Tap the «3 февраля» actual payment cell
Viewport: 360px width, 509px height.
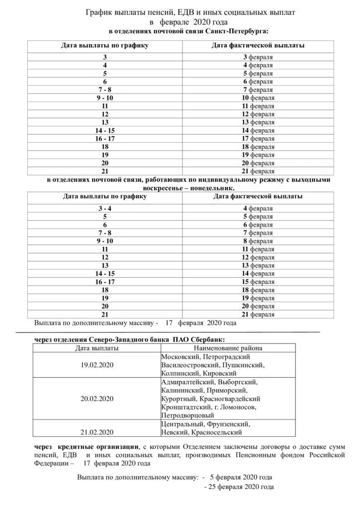pyautogui.click(x=258, y=57)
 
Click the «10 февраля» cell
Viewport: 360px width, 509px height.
pyautogui.click(x=258, y=98)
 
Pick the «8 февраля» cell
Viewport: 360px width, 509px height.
pyautogui.click(x=258, y=241)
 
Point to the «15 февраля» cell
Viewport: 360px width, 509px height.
pyautogui.click(x=258, y=282)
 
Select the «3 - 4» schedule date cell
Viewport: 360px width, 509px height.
pyautogui.click(x=105, y=209)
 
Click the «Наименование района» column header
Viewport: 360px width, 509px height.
pyautogui.click(x=228, y=348)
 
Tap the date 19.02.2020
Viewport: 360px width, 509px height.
pyautogui.click(x=97, y=365)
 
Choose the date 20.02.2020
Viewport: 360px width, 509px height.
pyautogui.click(x=97, y=399)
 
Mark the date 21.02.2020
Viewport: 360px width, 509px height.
pyautogui.click(x=97, y=432)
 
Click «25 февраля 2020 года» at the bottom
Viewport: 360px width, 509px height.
pyautogui.click(x=242, y=487)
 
